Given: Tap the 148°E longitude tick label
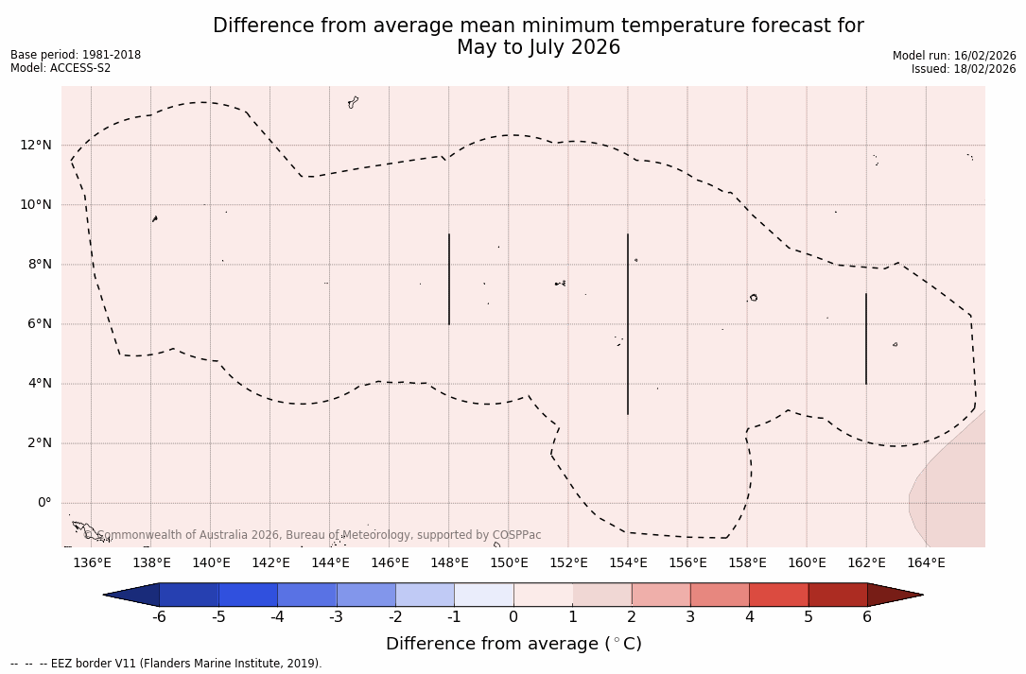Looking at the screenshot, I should click(x=449, y=563).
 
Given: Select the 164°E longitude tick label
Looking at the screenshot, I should click(x=926, y=563).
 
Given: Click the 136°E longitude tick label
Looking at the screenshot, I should click(x=92, y=563).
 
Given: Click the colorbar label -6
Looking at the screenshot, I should click(x=159, y=617).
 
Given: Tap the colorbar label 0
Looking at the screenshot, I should click(x=513, y=617).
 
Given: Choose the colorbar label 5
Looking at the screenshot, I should click(x=809, y=617).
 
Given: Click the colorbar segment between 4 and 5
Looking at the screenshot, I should click(x=778, y=595).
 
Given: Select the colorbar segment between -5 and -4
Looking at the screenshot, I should click(x=248, y=595).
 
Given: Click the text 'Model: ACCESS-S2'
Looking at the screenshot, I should click(x=61, y=68).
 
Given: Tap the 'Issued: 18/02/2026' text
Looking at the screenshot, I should click(x=964, y=69).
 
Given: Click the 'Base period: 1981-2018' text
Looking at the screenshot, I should click(x=76, y=55).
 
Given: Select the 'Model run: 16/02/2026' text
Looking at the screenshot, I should click(x=954, y=56).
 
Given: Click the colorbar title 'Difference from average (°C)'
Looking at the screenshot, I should click(x=513, y=644).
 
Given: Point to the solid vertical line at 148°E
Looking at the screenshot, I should click(x=449, y=279).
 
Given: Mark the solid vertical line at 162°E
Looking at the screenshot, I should click(x=866, y=338).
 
